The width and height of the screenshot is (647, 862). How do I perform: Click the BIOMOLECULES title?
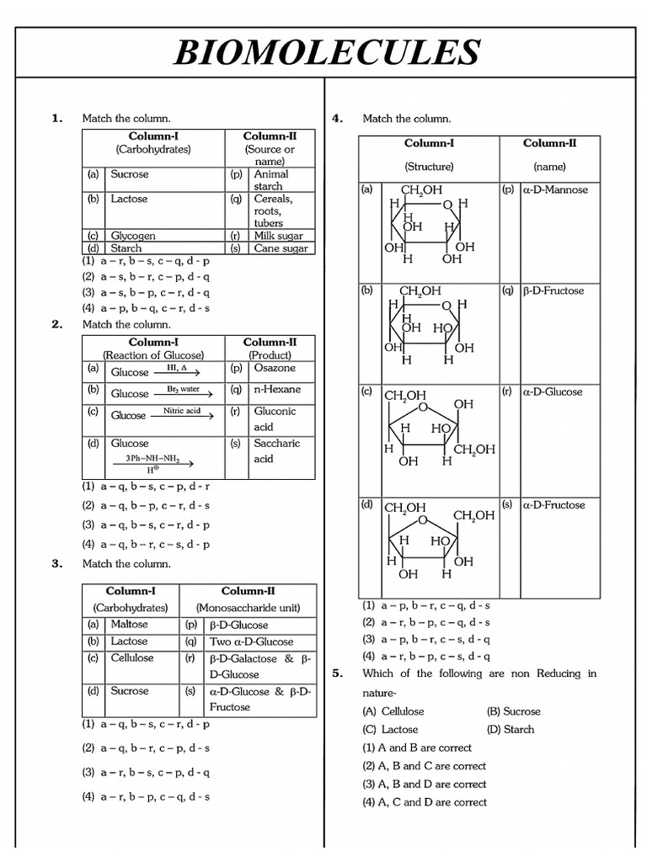[326, 52]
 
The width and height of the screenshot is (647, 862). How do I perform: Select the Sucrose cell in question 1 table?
[130, 174]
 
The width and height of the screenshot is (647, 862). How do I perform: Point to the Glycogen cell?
[133, 237]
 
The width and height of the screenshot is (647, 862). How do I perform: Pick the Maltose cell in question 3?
[129, 625]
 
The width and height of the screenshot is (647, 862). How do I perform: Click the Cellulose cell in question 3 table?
[132, 658]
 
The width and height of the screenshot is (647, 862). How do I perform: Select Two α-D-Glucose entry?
[250, 641]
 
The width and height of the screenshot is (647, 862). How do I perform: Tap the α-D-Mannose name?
[555, 190]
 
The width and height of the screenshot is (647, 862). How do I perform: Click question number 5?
[338, 673]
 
